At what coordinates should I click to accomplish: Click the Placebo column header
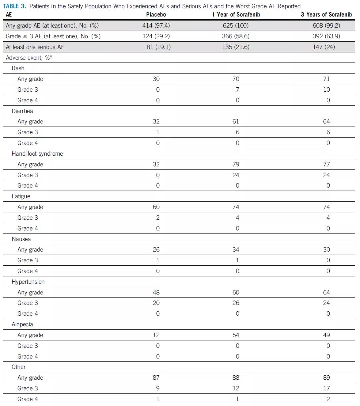(156, 15)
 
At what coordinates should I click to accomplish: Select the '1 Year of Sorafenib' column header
(236, 15)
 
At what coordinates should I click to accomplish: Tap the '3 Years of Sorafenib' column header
(326, 15)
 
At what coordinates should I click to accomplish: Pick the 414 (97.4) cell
(156, 26)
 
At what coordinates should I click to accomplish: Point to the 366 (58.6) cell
(236, 36)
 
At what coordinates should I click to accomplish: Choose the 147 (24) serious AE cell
(326, 47)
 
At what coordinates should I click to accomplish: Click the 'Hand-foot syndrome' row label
(37, 154)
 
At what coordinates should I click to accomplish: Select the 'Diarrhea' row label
(22, 111)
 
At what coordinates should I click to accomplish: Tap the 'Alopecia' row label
(22, 324)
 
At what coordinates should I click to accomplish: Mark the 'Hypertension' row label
(28, 282)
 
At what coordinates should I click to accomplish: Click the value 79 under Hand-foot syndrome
(236, 164)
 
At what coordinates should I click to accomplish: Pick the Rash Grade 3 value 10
(327, 90)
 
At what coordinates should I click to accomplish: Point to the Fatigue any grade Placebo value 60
(156, 207)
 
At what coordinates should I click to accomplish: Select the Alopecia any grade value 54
(236, 335)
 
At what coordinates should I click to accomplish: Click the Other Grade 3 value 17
(327, 388)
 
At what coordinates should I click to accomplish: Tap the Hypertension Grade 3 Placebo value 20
(156, 303)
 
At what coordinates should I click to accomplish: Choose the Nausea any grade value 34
(236, 250)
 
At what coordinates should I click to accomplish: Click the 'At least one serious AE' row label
(35, 47)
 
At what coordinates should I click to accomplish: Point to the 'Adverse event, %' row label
(29, 58)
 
